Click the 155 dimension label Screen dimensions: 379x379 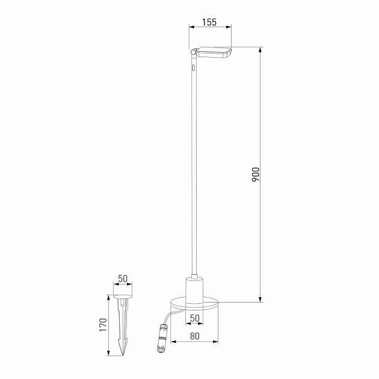[209, 22]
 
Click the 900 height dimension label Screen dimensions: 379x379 [255, 175]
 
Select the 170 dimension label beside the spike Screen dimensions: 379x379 [103, 325]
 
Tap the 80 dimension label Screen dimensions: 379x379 [194, 336]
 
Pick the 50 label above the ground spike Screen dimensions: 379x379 [123, 279]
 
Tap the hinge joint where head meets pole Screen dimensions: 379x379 [193, 53]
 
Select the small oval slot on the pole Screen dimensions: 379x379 [194, 69]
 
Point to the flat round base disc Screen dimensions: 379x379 [194, 303]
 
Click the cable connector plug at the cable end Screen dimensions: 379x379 [161, 339]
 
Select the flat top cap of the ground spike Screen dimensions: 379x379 [123, 296]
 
